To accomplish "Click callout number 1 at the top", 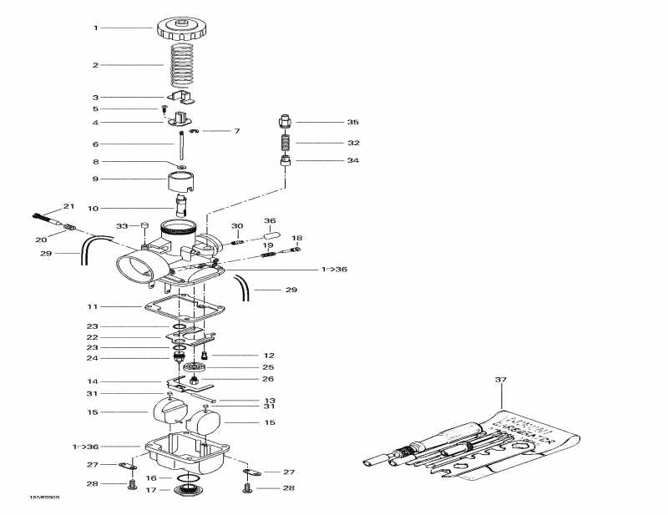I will coord(95,28).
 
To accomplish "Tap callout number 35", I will coord(353,122).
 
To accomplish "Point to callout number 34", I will coord(353,161).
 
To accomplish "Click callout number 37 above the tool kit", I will coord(501,380).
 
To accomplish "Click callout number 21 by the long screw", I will coord(68,206).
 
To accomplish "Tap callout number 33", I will coord(122,226).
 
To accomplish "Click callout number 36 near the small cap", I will coord(270,221).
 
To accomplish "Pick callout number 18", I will coord(297,238).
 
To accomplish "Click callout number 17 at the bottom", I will coord(150,490).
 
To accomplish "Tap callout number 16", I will coord(150,478).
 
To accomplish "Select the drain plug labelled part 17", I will coord(190,489).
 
